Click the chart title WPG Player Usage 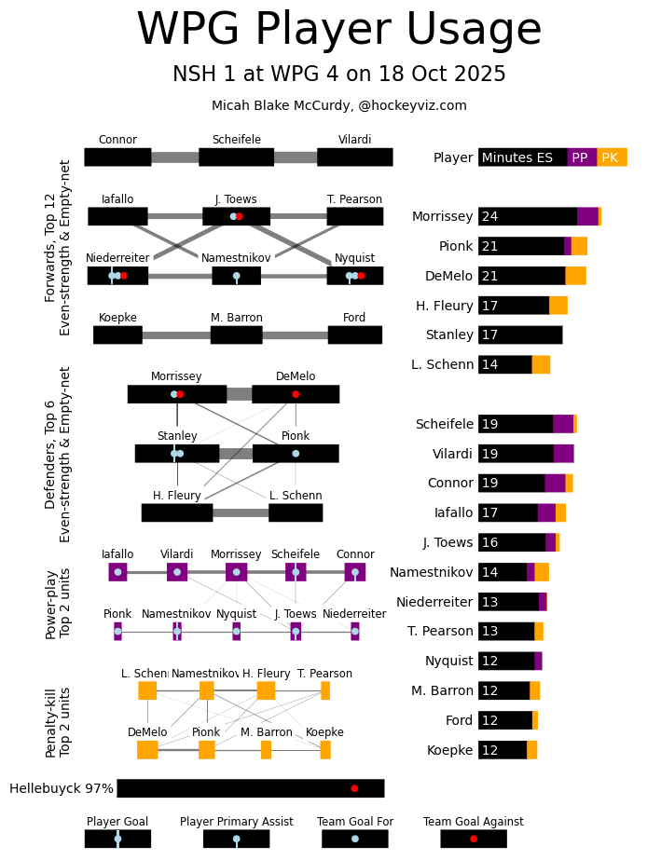pos(338,30)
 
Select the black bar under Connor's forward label pos(117,157)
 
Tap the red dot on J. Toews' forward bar pos(240,216)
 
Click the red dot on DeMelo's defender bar pos(296,394)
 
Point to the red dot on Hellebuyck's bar pos(354,788)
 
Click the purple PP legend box pos(581,157)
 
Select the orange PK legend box pos(612,157)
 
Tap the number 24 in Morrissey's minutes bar pos(489,217)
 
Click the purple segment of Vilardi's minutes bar pos(563,454)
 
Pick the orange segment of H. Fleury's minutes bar pos(558,306)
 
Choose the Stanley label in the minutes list pos(449,335)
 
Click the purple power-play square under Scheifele pos(296,572)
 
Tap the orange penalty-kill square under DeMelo pos(147,750)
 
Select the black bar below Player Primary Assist pos(236,839)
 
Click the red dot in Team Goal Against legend pos(474,839)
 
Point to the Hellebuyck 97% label pos(62,789)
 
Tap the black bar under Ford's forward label pos(354,335)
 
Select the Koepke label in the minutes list pos(449,750)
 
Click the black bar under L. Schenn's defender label pos(296,512)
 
